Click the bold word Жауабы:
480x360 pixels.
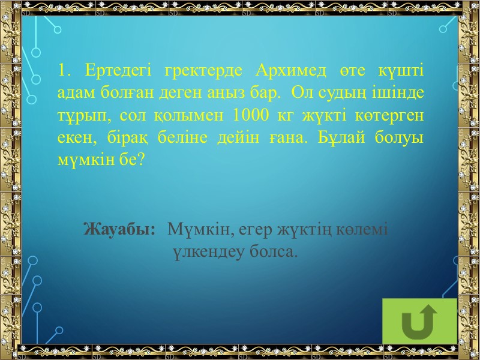click(120, 229)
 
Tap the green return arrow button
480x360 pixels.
click(419, 320)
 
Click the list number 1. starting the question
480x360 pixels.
click(65, 71)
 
